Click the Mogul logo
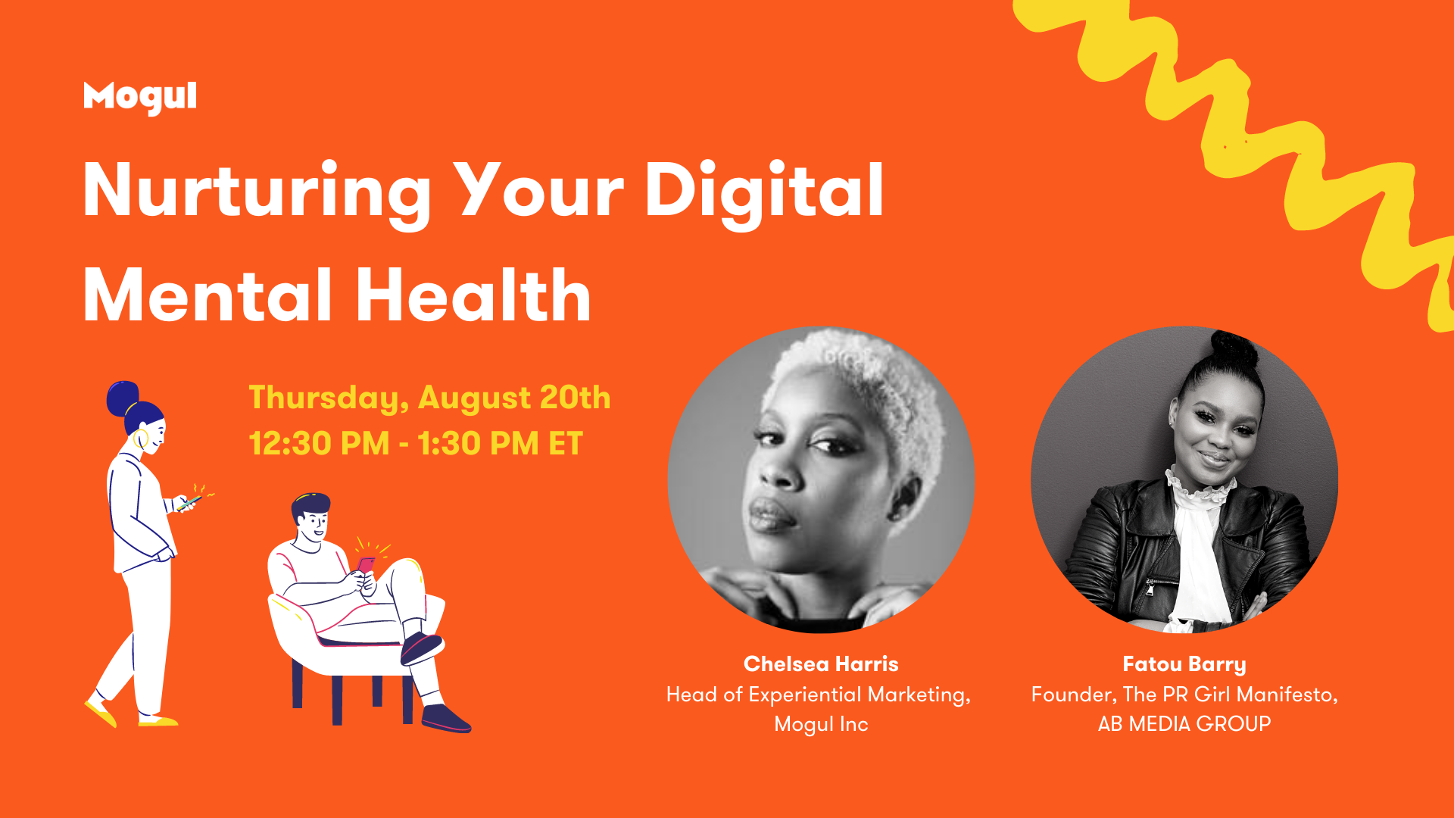[x=140, y=98]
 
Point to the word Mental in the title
[x=207, y=296]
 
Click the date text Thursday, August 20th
[x=429, y=398]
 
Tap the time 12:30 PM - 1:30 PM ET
[x=416, y=444]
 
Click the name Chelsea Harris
[x=821, y=664]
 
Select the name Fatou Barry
[x=1184, y=665]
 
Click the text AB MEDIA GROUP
[x=1184, y=724]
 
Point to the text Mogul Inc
[x=821, y=725]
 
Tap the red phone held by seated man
[x=366, y=566]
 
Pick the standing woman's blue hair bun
[x=122, y=398]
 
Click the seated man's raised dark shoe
[x=421, y=648]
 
